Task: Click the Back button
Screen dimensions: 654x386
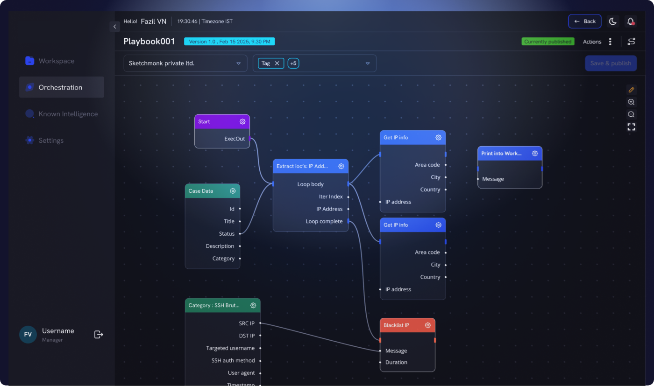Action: pyautogui.click(x=584, y=21)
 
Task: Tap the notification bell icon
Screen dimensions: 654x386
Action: pyautogui.click(x=630, y=21)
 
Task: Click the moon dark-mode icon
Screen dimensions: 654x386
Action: pyautogui.click(x=612, y=21)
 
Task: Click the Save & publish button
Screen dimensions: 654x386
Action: pyautogui.click(x=611, y=63)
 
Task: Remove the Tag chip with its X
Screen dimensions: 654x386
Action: pyautogui.click(x=277, y=63)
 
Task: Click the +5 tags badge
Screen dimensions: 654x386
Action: pyautogui.click(x=293, y=63)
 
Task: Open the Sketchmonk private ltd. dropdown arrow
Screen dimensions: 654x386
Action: pyautogui.click(x=239, y=63)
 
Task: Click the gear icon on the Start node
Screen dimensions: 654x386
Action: pyautogui.click(x=242, y=122)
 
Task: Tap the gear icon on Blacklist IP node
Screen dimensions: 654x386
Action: pyautogui.click(x=428, y=325)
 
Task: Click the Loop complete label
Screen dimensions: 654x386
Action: pyautogui.click(x=324, y=221)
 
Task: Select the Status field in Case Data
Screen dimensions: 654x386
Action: pyautogui.click(x=227, y=234)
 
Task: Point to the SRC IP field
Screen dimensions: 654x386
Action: pyautogui.click(x=247, y=323)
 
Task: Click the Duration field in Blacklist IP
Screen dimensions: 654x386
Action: pyautogui.click(x=396, y=362)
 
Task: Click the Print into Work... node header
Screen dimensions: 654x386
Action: pyautogui.click(x=510, y=154)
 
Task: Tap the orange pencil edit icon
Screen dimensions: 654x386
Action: pyautogui.click(x=631, y=90)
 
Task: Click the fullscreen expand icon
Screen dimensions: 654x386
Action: pyautogui.click(x=631, y=126)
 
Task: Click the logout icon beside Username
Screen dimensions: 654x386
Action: pyautogui.click(x=99, y=334)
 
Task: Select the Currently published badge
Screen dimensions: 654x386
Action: pyautogui.click(x=547, y=42)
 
